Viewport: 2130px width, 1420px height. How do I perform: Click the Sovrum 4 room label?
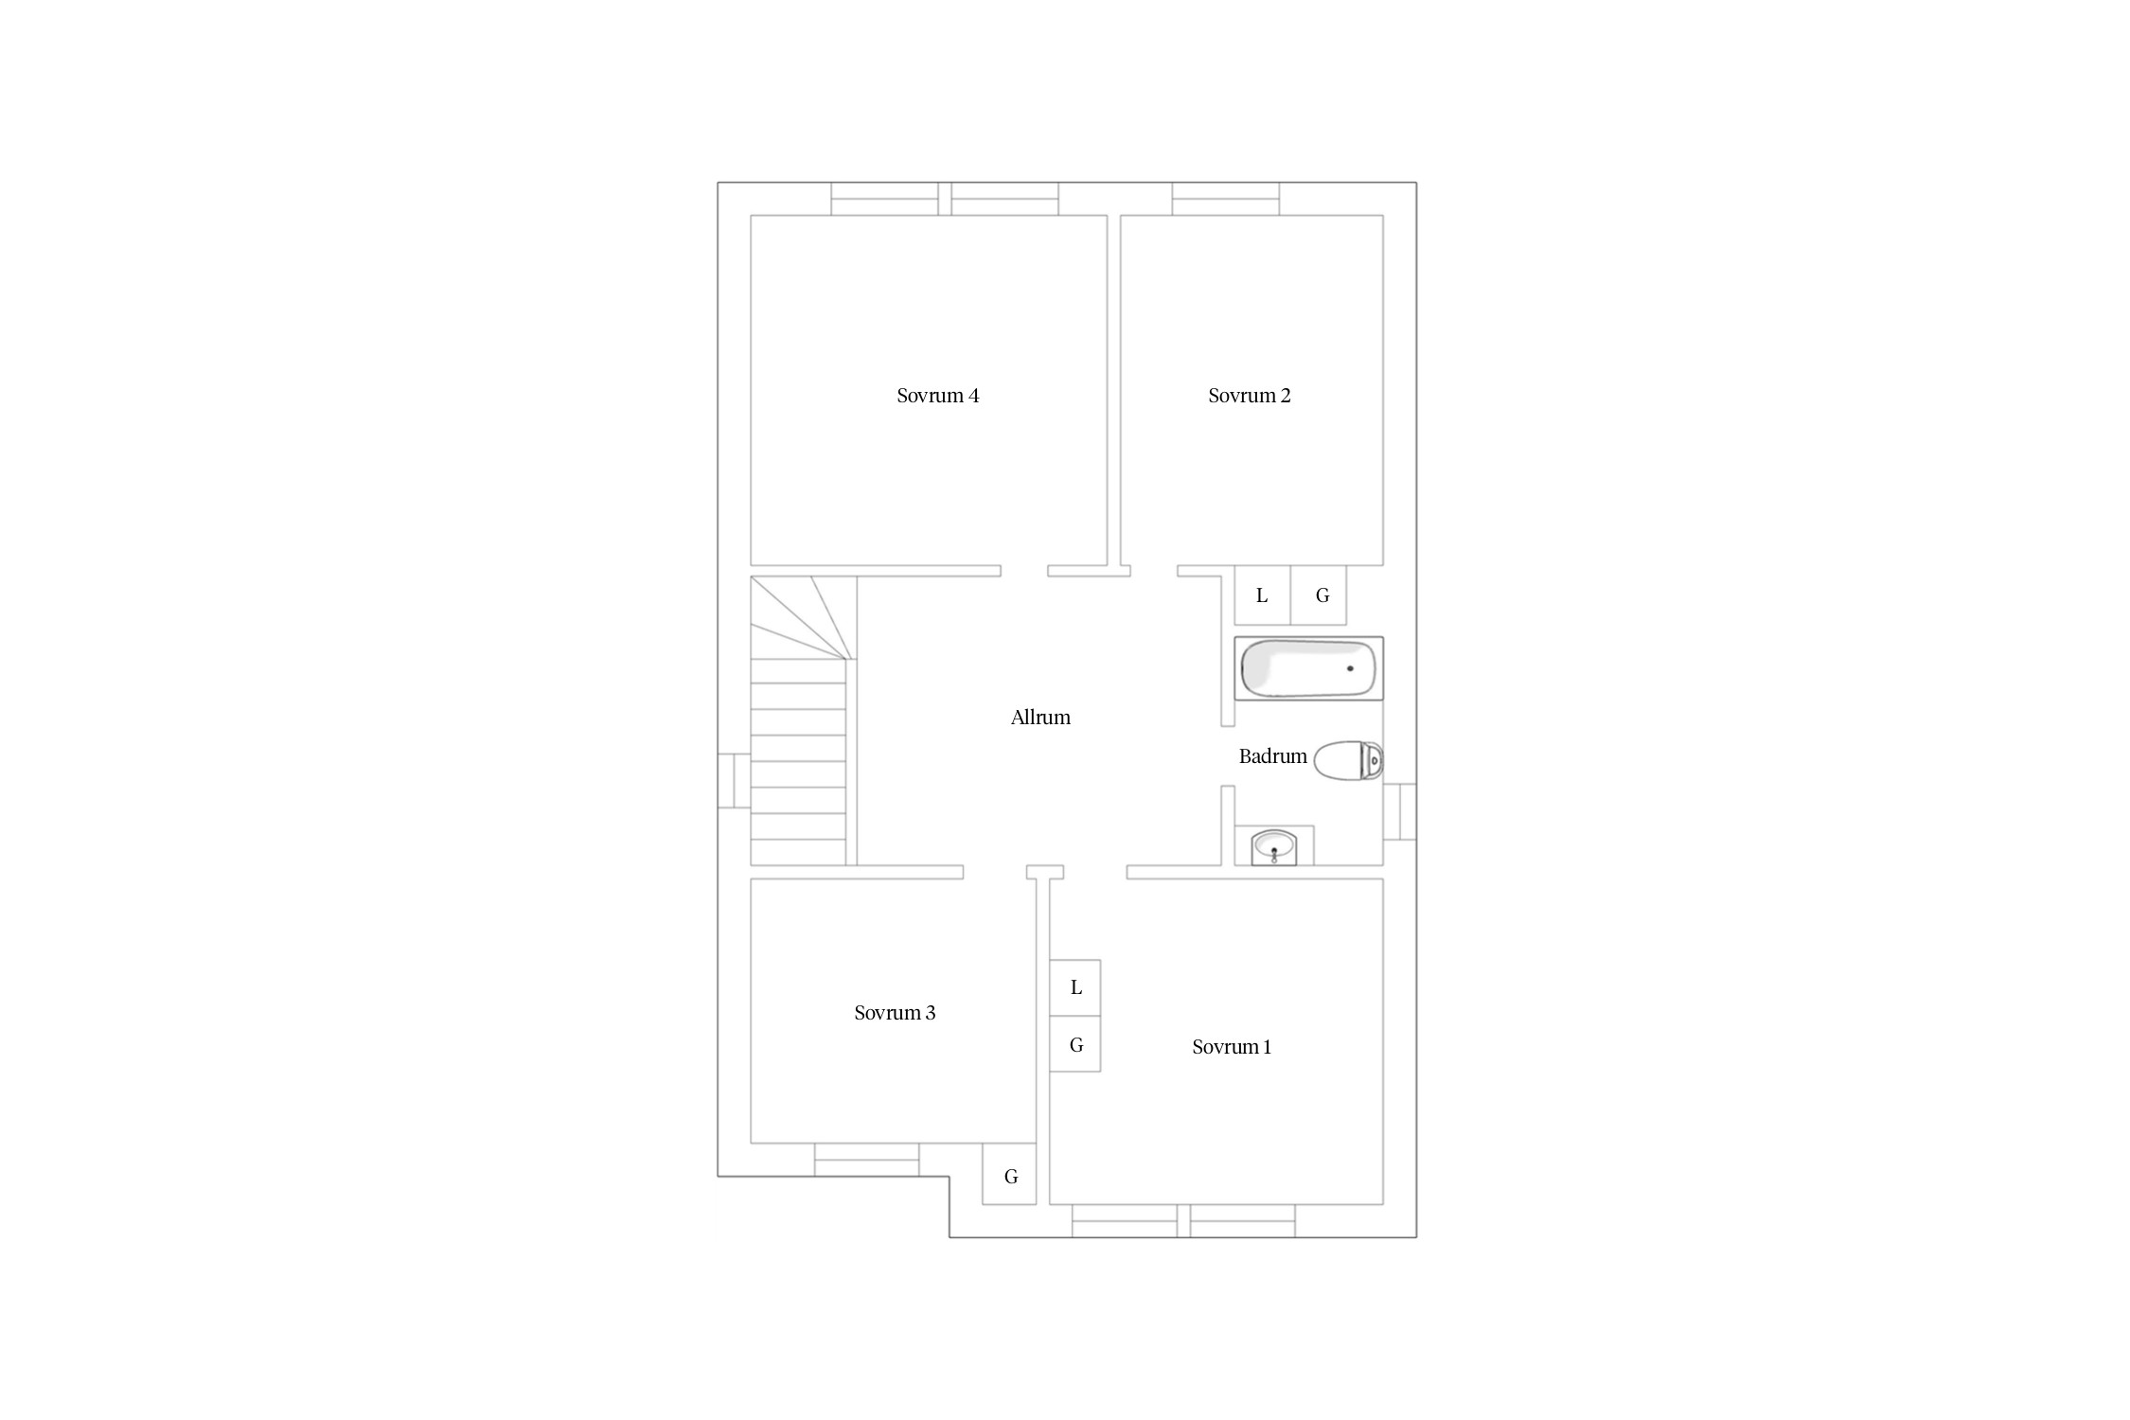[937, 396]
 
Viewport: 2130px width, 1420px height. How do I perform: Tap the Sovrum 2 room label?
[1249, 396]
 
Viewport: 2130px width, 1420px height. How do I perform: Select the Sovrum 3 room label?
[895, 1013]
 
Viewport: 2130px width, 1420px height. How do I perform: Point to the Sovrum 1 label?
[1232, 1047]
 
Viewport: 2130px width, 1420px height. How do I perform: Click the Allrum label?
[1040, 718]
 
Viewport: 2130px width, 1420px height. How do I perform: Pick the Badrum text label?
[1272, 756]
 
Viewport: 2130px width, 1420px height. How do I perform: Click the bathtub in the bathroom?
[1308, 668]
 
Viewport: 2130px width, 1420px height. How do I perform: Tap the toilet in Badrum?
[1349, 760]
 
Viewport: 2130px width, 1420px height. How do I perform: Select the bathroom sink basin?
[1273, 846]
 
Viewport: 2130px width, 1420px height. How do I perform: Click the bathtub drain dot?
[1350, 668]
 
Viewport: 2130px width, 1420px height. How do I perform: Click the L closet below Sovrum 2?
[1263, 595]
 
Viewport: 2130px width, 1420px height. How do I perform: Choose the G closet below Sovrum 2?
[1319, 595]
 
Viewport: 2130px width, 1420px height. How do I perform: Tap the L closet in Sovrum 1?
[1075, 987]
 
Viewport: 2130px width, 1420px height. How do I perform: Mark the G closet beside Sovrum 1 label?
[1075, 1044]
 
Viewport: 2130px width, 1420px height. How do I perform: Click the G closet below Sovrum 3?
[1010, 1174]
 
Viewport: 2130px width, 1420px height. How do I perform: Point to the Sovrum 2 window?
[1226, 199]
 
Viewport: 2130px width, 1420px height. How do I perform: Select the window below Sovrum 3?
[867, 1160]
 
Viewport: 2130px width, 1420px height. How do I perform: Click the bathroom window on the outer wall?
[1400, 811]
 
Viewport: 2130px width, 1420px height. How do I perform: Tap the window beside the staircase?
[734, 781]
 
